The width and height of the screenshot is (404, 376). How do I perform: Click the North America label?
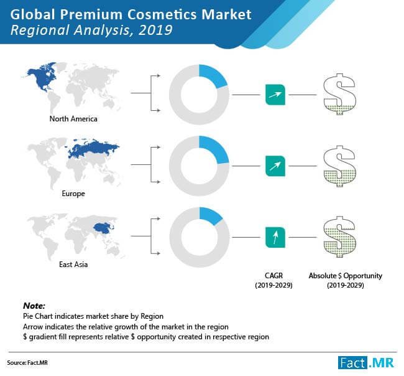[x=73, y=119]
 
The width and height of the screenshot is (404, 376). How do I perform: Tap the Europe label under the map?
[x=73, y=194]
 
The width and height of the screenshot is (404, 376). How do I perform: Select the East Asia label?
[x=73, y=265]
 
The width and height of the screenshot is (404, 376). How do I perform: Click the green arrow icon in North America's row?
[x=275, y=95]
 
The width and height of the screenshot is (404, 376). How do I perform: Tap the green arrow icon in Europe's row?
[x=275, y=166]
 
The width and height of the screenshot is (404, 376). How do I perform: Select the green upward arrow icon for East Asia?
[x=275, y=237]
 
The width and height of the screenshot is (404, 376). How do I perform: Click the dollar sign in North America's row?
[x=340, y=94]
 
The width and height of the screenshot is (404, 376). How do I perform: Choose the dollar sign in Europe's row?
[x=340, y=166]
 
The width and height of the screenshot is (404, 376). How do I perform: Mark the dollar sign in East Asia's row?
[x=340, y=237]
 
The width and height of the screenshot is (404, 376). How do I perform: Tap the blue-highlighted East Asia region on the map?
[x=103, y=228]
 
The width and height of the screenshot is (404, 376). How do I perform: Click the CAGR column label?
[x=273, y=280]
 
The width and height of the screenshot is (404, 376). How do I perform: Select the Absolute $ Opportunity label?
[x=346, y=280]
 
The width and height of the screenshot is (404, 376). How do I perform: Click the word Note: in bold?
[x=34, y=306]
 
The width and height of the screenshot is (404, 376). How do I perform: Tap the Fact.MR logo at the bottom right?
[x=366, y=362]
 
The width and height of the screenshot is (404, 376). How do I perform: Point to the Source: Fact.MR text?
[x=27, y=362]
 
